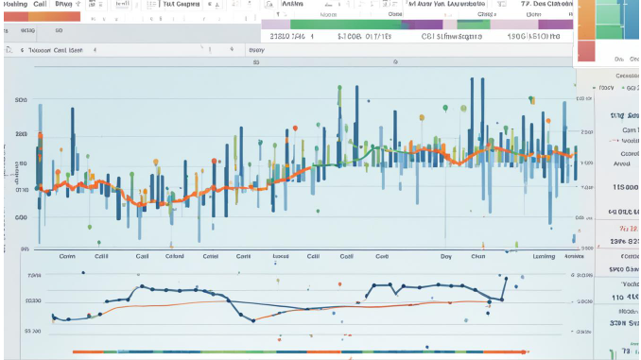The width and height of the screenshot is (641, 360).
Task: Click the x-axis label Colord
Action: (x=174, y=255)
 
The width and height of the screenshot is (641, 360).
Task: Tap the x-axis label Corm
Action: (x=67, y=255)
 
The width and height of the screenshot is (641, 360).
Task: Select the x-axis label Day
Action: (x=445, y=255)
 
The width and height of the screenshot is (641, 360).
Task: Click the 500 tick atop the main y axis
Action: (x=21, y=99)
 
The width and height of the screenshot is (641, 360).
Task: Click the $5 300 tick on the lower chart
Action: (x=33, y=332)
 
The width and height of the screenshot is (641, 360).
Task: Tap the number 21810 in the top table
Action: (x=287, y=37)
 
